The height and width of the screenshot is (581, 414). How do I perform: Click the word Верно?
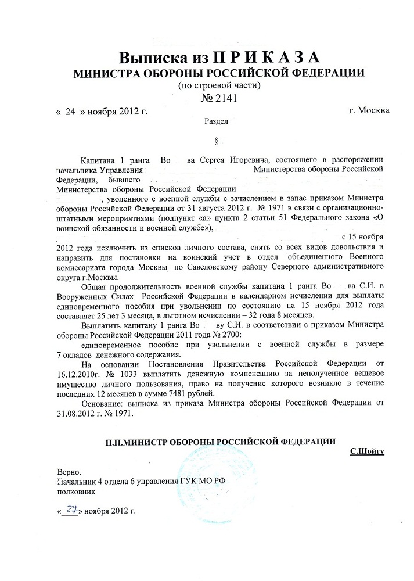(69, 471)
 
